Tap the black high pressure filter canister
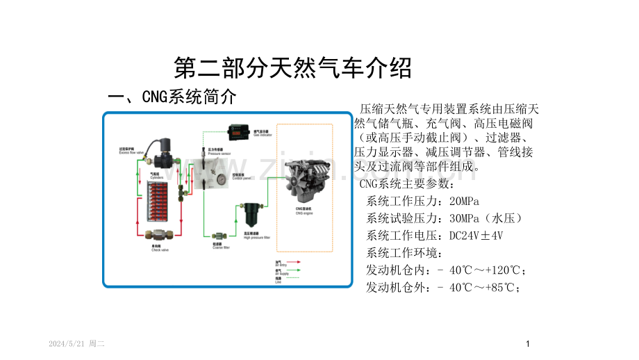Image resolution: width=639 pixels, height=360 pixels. coord(251,216)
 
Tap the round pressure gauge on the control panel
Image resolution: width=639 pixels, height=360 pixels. coord(221,178)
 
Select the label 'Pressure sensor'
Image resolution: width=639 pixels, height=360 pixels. coord(219,153)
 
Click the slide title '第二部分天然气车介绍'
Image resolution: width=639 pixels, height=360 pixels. coord(292,68)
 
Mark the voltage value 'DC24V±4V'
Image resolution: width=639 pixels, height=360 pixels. coord(476,236)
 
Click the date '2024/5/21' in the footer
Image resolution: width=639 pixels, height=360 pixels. coord(68,344)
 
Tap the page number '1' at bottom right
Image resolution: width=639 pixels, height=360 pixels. coord(528,344)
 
